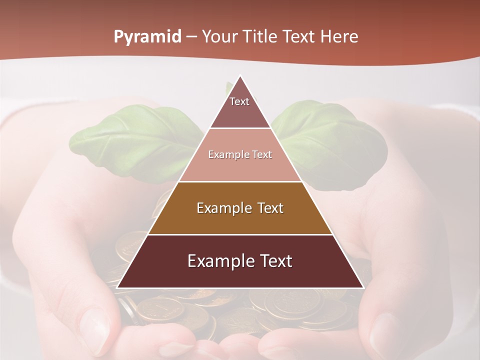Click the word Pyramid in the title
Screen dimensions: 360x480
(x=147, y=37)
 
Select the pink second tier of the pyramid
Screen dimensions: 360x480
(x=240, y=165)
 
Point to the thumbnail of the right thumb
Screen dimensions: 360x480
(x=385, y=330)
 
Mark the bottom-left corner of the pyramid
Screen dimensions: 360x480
(x=117, y=288)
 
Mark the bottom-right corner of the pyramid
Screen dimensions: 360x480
(x=363, y=288)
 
